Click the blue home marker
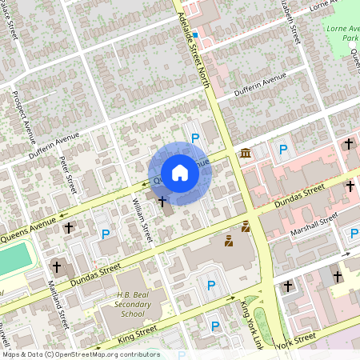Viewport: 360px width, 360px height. point(180,172)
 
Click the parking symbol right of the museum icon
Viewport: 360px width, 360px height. point(282,149)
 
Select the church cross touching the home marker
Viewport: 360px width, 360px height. point(162,201)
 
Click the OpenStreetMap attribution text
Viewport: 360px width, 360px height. point(80,354)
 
